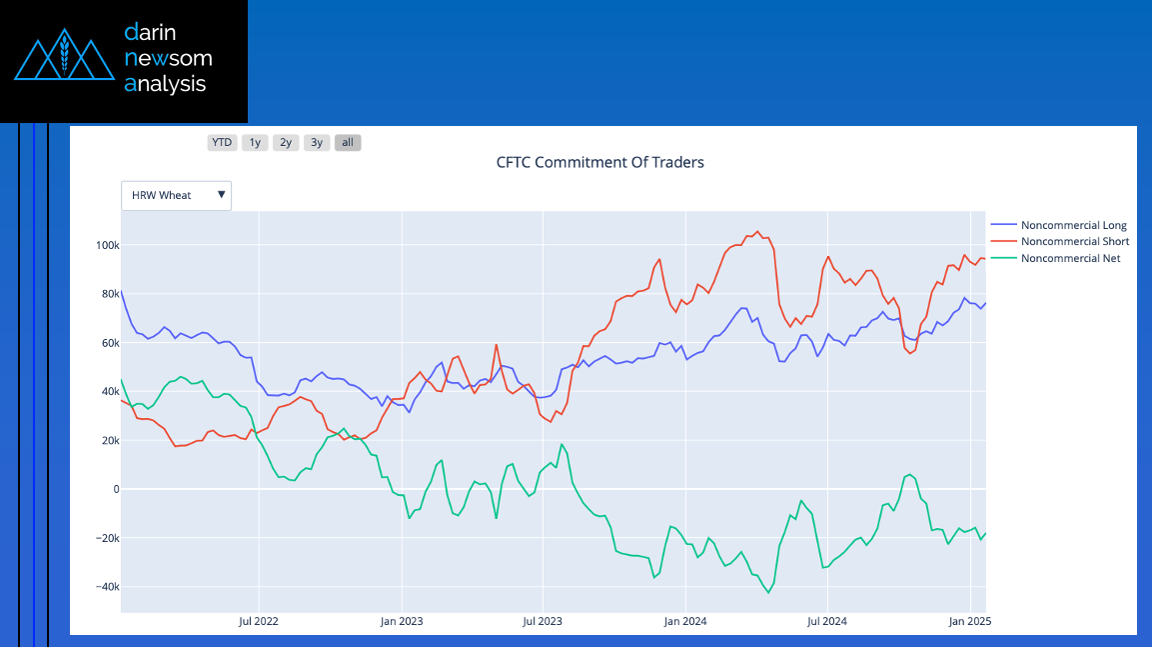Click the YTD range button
pyautogui.click(x=222, y=142)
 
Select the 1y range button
pyautogui.click(x=255, y=142)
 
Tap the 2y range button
pyautogui.click(x=286, y=142)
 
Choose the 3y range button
pyautogui.click(x=317, y=142)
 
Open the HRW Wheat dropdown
pyautogui.click(x=176, y=195)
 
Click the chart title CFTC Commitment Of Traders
pyautogui.click(x=599, y=162)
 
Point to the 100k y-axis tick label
pyautogui.click(x=106, y=245)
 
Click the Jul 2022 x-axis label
pyautogui.click(x=259, y=621)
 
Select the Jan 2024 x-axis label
pyautogui.click(x=685, y=621)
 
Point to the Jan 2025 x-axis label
pyautogui.click(x=968, y=621)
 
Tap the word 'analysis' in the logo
pyautogui.click(x=165, y=84)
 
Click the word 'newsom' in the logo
pyautogui.click(x=168, y=58)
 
